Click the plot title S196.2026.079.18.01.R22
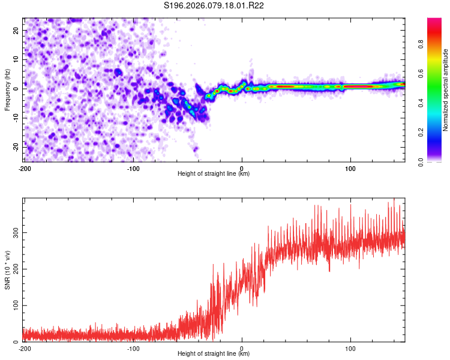pyautogui.click(x=214, y=6)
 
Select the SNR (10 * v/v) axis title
pyautogui.click(x=7, y=269)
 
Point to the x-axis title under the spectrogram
pyautogui.click(x=214, y=173)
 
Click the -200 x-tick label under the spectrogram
pyautogui.click(x=24, y=167)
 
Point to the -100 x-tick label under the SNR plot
pyautogui.click(x=133, y=347)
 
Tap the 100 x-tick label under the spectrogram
pyautogui.click(x=350, y=167)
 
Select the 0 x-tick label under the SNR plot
pyautogui.click(x=242, y=347)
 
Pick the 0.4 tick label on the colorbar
pyautogui.click(x=438, y=102)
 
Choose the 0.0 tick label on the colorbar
pyautogui.click(x=438, y=161)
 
